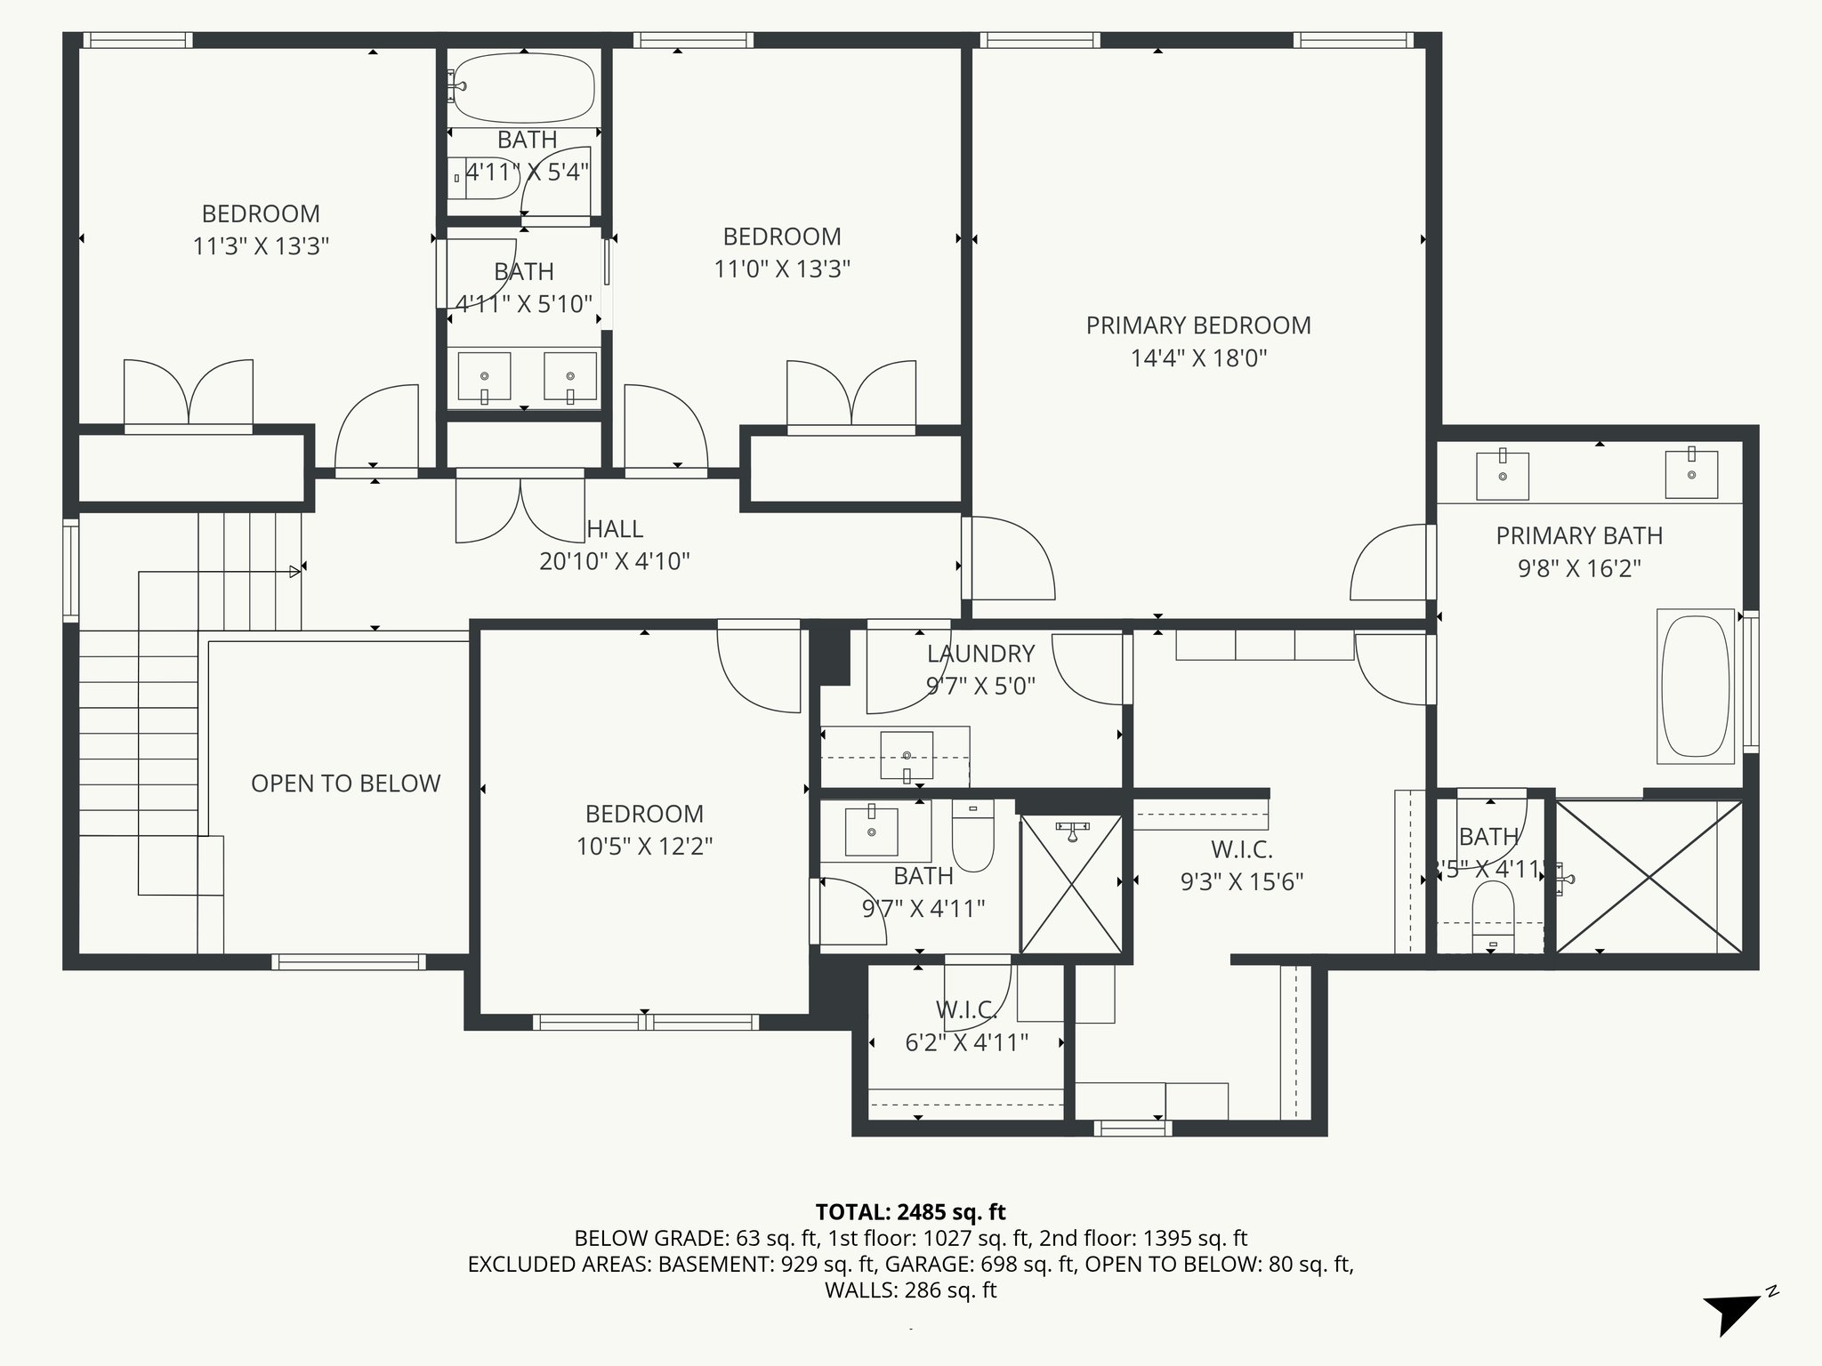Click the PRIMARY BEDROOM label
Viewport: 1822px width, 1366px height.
[x=1198, y=325]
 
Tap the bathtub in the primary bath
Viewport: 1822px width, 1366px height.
[x=1695, y=686]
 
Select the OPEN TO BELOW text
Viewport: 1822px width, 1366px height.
[x=345, y=783]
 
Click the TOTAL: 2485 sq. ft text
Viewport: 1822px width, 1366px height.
[x=910, y=1212]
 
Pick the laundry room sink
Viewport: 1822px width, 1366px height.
[x=907, y=756]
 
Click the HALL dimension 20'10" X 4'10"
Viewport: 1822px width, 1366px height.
[x=615, y=561]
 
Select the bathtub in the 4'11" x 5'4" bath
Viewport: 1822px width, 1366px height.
[x=522, y=87]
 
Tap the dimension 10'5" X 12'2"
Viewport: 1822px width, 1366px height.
[x=644, y=846]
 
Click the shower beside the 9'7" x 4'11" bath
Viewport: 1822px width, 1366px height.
[x=1071, y=883]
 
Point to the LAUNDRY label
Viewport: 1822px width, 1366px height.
[x=980, y=654]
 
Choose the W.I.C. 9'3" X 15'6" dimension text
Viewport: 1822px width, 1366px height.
[x=1242, y=881]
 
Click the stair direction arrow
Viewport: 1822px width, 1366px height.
[x=294, y=572]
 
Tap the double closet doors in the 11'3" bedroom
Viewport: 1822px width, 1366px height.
[x=189, y=393]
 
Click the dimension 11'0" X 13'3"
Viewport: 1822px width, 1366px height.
[x=782, y=269]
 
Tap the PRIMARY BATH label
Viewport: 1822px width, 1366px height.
[x=1578, y=536]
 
